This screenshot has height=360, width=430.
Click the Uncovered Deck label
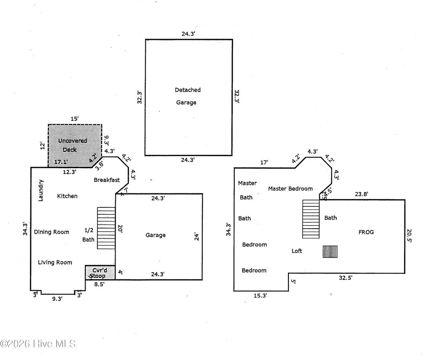(x=72, y=145)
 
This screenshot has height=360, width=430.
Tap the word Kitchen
(x=67, y=196)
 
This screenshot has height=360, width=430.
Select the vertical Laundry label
(x=41, y=190)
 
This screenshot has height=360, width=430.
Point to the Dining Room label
(x=52, y=232)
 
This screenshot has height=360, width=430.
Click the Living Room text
(x=55, y=263)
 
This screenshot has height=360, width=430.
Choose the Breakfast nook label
(x=107, y=180)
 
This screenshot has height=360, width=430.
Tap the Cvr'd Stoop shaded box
(x=100, y=273)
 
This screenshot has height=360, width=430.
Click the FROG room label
(x=366, y=232)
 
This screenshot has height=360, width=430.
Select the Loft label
(x=297, y=251)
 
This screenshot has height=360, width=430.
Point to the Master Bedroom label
(x=291, y=189)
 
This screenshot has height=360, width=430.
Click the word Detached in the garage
(x=188, y=90)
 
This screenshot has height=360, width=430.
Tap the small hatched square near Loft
(x=330, y=251)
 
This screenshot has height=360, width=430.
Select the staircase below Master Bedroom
(x=311, y=219)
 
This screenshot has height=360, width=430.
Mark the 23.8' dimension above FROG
(x=361, y=194)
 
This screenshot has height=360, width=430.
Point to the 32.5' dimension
(x=346, y=277)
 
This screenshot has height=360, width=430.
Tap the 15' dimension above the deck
(x=74, y=119)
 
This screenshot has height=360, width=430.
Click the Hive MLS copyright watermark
(x=38, y=344)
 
